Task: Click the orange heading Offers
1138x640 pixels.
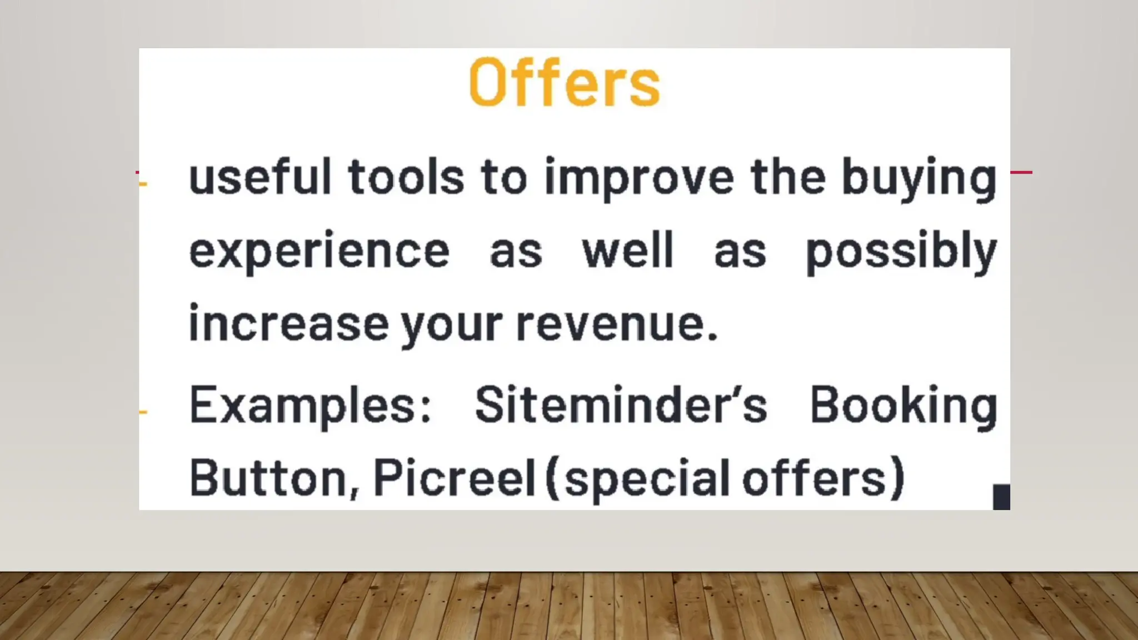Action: pyautogui.click(x=565, y=83)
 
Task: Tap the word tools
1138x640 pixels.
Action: pyautogui.click(x=406, y=177)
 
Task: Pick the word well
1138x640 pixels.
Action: pyautogui.click(x=628, y=251)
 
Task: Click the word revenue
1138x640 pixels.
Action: pyautogui.click(x=617, y=324)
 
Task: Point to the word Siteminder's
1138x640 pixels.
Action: pyautogui.click(x=621, y=405)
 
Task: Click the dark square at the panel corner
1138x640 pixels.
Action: pyautogui.click(x=1001, y=497)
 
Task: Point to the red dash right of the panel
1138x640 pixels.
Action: pyautogui.click(x=1021, y=172)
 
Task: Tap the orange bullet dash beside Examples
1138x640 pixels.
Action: pyautogui.click(x=143, y=412)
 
